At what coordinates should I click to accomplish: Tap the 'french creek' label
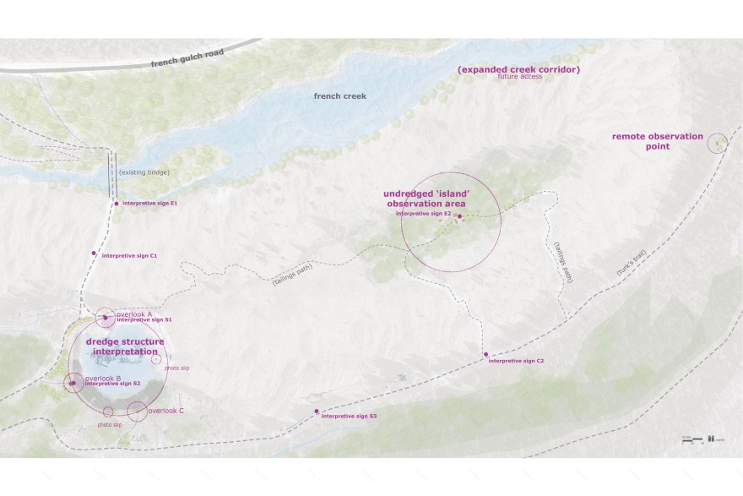click(340, 96)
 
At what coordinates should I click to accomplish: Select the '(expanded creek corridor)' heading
click(518, 68)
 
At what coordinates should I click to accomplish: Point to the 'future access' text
click(519, 77)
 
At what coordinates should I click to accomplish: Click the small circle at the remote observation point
click(718, 143)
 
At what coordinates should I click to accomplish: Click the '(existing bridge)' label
click(144, 172)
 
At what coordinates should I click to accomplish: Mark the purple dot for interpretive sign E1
click(117, 204)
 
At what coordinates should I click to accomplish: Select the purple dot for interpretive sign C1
click(95, 253)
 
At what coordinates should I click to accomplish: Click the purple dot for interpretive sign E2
click(460, 216)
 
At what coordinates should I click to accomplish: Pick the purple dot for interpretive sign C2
click(485, 354)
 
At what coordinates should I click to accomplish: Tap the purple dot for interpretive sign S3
click(317, 412)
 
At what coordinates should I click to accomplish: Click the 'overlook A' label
click(133, 314)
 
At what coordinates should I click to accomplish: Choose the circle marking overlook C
click(136, 412)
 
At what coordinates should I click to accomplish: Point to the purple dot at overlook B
click(73, 384)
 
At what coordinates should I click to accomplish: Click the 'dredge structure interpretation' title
click(125, 346)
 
